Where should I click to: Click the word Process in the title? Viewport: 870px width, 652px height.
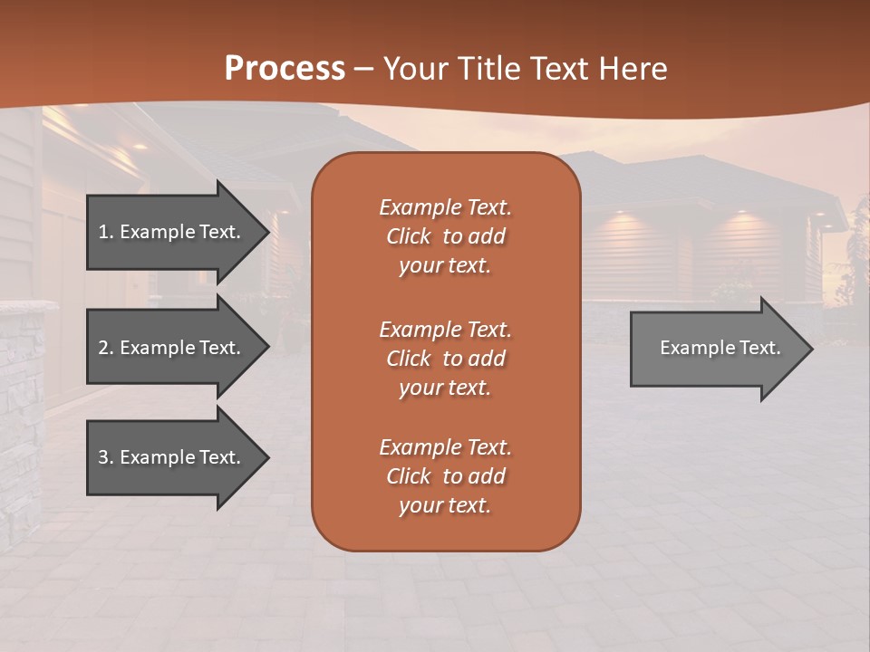tap(285, 69)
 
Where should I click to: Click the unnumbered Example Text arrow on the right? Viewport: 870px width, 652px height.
tap(720, 348)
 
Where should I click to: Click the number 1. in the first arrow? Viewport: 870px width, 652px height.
tap(106, 232)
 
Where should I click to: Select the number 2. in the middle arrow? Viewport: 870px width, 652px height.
tap(106, 348)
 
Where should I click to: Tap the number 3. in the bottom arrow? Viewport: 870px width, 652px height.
tap(106, 457)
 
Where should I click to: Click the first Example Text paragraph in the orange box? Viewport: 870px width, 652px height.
tap(445, 236)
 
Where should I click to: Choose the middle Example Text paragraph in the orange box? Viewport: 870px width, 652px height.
tap(445, 359)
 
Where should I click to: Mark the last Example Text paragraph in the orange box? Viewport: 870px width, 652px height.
tap(445, 476)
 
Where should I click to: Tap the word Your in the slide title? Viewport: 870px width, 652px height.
tap(415, 69)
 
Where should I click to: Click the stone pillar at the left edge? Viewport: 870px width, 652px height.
tap(22, 417)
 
